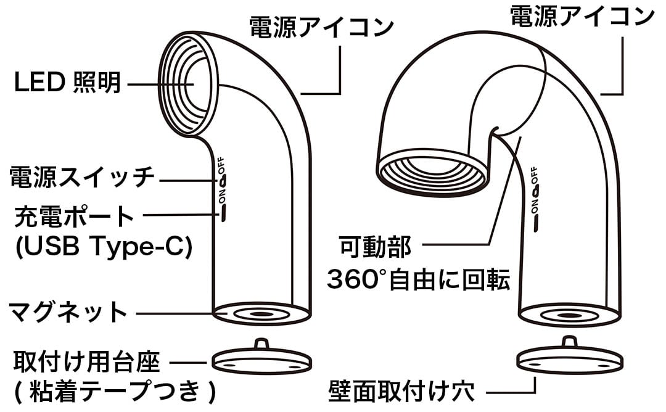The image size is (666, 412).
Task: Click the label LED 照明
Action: pos(68,82)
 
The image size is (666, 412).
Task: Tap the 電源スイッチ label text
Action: pos(82,176)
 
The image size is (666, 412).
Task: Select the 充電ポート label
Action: pos(75,216)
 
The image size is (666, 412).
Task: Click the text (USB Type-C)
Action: pos(104,246)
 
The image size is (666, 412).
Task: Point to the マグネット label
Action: pos(68,311)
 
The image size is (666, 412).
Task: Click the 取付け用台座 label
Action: pos(87,362)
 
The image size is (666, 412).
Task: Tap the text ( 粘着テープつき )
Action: pos(115,392)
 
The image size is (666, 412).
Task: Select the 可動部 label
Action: pos(376,246)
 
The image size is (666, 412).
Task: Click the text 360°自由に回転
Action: pos(418,279)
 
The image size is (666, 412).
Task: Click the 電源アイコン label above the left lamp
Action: pos(321,27)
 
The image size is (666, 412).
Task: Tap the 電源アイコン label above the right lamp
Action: pos(582,16)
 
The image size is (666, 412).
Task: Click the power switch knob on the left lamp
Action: pos(223,182)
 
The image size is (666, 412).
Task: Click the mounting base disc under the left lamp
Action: pos(261,360)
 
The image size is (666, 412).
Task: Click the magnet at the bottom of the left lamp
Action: pos(261,315)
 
